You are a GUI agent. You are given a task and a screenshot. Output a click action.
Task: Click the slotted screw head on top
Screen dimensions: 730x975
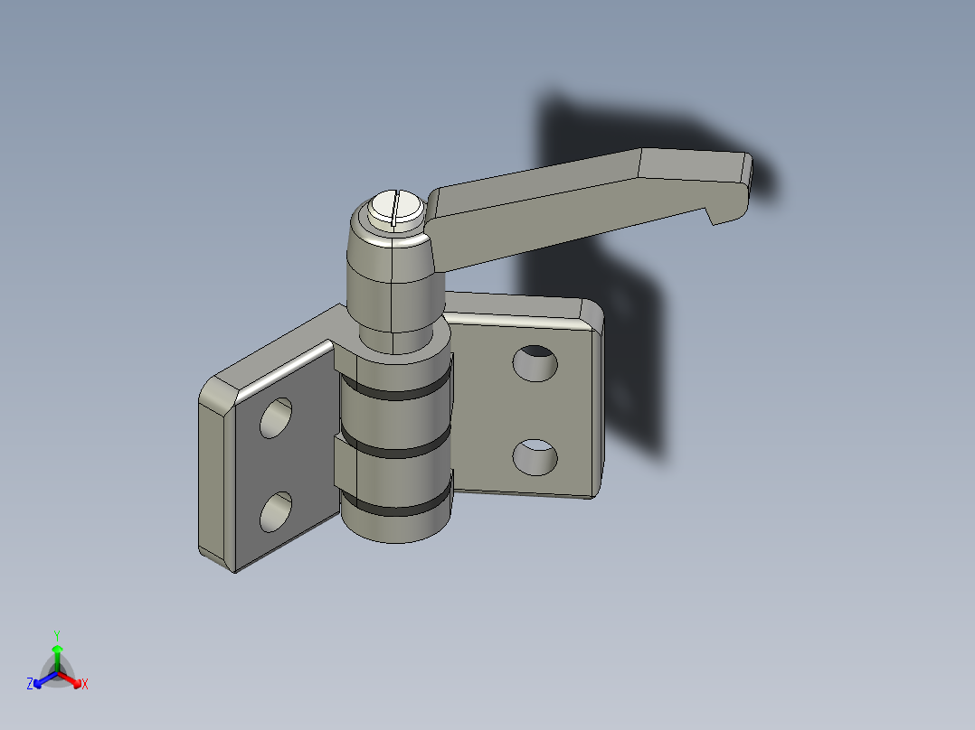coord(396,208)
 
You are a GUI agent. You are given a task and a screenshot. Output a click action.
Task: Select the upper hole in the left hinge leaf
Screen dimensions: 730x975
coord(277,418)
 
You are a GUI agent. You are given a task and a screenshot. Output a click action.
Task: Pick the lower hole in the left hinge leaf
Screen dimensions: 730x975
coord(276,512)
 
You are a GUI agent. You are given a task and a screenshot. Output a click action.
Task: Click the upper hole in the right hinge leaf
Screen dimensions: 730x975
coord(535,362)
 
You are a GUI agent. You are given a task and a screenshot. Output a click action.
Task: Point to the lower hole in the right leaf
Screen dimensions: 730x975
coord(535,457)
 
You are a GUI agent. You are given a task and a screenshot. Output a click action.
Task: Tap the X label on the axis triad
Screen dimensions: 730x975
coord(85,685)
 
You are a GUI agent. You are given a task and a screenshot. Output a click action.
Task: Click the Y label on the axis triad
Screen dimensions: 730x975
coord(56,635)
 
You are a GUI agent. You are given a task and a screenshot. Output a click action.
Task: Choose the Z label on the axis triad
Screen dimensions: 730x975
coord(30,685)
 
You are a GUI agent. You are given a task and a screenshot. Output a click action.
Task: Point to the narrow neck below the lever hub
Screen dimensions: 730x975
coord(394,339)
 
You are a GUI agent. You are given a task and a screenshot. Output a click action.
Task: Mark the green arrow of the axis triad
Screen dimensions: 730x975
coord(57,652)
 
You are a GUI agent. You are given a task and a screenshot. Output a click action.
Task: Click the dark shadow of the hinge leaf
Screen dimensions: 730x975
coord(633,361)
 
